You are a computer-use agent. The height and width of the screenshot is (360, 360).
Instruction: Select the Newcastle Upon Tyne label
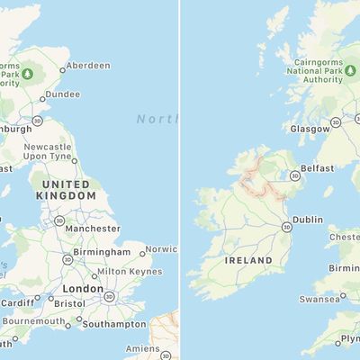(48, 152)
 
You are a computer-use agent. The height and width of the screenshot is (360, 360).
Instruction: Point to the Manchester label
(93, 229)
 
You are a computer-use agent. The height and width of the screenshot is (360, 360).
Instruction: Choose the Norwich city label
(161, 249)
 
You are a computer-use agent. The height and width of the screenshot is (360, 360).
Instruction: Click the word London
(83, 290)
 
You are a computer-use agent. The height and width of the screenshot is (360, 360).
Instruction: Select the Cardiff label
(18, 302)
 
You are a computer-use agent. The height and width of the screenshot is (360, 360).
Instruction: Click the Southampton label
(114, 324)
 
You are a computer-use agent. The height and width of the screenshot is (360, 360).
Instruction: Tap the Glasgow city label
(309, 130)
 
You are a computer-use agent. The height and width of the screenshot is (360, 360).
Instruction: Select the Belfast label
(318, 168)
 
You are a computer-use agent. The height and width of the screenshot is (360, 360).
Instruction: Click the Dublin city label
(308, 220)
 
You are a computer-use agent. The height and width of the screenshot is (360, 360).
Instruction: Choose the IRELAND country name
(248, 260)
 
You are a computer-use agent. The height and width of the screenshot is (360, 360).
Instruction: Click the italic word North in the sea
(157, 119)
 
